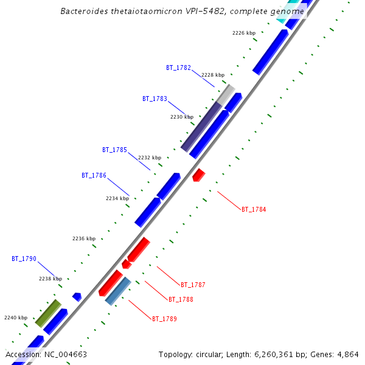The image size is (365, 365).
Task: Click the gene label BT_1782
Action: point(178,68)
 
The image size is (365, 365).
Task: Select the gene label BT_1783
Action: point(155,99)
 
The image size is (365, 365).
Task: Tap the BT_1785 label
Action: point(114,150)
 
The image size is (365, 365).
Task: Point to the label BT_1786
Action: point(94,175)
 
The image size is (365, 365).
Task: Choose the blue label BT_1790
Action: point(24,259)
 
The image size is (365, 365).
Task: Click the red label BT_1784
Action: point(254,209)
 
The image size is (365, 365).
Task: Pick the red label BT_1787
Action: point(193,285)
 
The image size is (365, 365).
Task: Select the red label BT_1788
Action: point(181,299)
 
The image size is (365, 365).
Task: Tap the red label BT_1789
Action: point(164,319)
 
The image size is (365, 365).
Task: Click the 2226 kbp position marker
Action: point(244,33)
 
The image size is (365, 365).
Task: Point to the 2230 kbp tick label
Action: point(181,117)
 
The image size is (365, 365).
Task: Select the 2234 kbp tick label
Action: point(117,198)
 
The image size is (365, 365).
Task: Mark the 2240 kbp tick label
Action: point(16,318)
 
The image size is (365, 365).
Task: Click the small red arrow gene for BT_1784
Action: point(198,175)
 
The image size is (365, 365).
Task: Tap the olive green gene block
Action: point(48,313)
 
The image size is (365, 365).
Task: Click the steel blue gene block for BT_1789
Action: point(118,291)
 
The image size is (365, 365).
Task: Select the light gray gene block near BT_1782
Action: point(226,94)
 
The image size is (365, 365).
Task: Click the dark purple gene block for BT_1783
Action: point(201,127)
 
